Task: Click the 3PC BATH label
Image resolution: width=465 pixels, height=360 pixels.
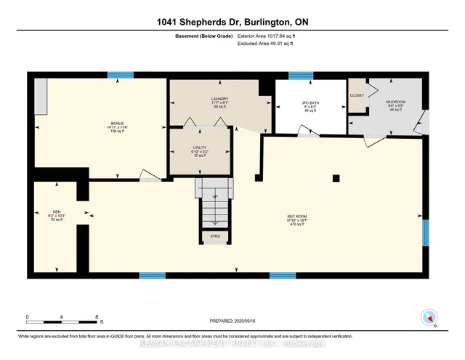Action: [x=300, y=104]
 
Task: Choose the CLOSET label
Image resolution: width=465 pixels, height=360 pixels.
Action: [x=357, y=95]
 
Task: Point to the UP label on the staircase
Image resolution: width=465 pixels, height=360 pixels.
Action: [x=214, y=196]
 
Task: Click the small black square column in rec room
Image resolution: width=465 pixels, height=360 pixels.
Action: [x=336, y=178]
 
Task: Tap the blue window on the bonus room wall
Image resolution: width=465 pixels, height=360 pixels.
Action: [x=118, y=74]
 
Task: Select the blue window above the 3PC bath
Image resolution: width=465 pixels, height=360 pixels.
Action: [x=300, y=75]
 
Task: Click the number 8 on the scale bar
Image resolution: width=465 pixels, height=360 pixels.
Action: [x=97, y=317]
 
